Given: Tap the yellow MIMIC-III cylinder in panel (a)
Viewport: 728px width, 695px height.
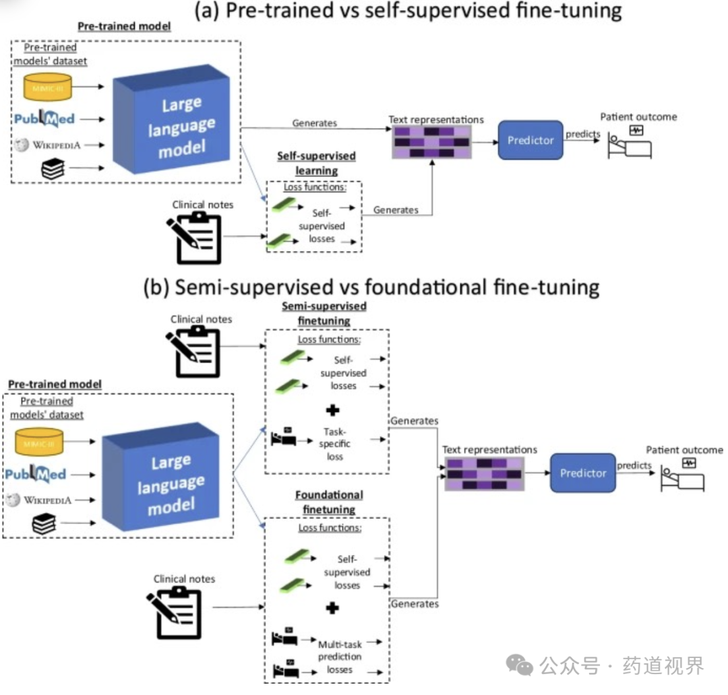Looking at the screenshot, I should point(48,86).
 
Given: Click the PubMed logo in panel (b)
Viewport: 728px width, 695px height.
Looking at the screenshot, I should point(35,474).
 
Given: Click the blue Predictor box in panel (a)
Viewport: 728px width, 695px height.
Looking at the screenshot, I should point(530,140).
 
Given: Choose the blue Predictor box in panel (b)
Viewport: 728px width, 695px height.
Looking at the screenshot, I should point(582,473).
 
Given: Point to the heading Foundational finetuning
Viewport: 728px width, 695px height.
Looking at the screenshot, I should point(329,502).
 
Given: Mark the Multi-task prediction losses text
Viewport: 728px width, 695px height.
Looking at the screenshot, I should point(339,657).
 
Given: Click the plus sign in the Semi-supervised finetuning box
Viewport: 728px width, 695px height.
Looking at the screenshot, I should point(332,410).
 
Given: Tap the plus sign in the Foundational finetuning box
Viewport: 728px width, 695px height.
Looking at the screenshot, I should point(332,608).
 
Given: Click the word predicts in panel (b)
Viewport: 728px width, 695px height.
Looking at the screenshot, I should point(634,465).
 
